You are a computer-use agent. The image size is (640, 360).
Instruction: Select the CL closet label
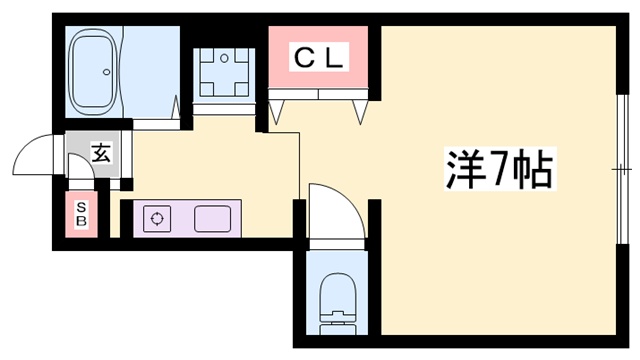pos(318,58)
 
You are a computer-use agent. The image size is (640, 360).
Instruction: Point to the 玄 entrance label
pos(100,153)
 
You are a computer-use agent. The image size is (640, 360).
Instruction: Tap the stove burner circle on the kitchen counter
pos(157,217)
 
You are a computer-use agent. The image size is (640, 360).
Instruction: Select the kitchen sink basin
pos(212,217)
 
